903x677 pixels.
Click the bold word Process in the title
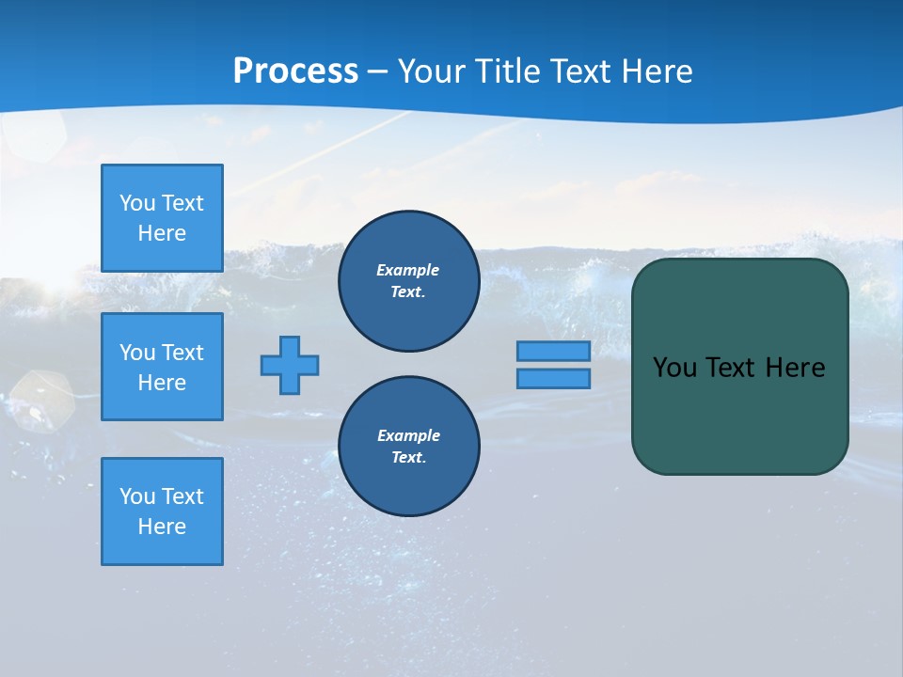point(295,71)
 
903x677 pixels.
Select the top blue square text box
point(162,218)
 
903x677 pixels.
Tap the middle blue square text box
point(162,367)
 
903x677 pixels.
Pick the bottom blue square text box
point(162,511)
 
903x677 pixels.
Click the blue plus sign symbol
point(290,365)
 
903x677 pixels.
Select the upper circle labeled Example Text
point(408,281)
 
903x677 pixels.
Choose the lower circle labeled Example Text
point(408,447)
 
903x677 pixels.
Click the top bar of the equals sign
point(553,352)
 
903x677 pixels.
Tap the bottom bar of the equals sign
point(553,379)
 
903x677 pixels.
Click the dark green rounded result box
point(739,414)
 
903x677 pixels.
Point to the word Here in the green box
point(795,368)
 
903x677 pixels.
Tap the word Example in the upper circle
point(408,270)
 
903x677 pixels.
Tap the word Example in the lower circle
point(408,435)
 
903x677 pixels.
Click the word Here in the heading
point(657,71)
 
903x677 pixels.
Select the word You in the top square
point(137,203)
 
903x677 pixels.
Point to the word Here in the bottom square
point(162,527)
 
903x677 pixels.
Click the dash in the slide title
point(377,71)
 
